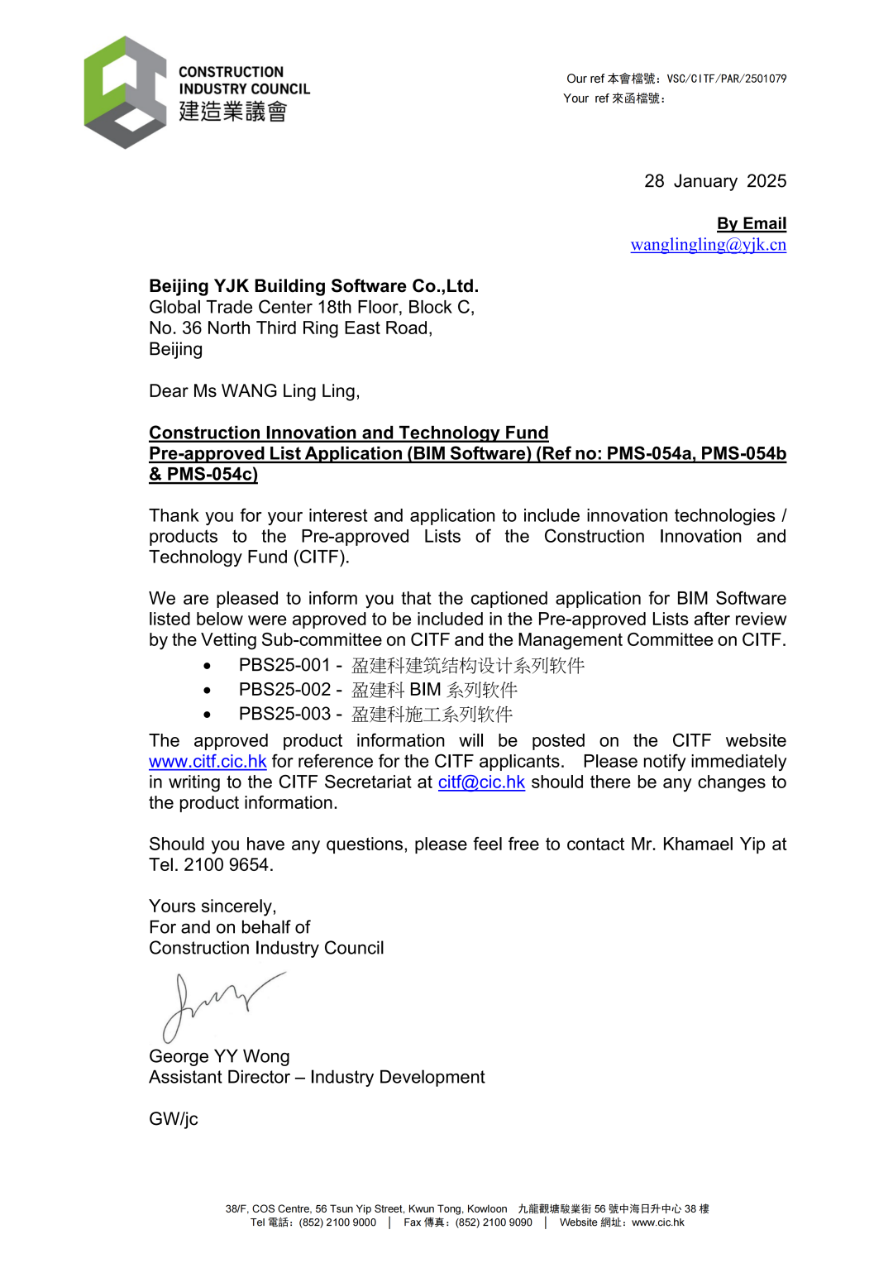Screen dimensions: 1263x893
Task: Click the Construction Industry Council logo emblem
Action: pyautogui.click(x=125, y=92)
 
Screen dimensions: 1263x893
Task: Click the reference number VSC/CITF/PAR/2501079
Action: pyautogui.click(x=726, y=79)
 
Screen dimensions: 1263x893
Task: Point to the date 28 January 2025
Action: pyautogui.click(x=714, y=181)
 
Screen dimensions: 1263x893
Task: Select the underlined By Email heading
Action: pyautogui.click(x=751, y=223)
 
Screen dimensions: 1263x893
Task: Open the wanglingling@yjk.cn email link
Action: pyautogui.click(x=708, y=245)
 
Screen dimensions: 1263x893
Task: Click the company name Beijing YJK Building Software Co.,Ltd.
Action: pyautogui.click(x=313, y=286)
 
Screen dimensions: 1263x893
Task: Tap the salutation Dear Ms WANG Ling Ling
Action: pyautogui.click(x=254, y=391)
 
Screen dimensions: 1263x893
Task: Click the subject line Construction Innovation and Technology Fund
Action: pyautogui.click(x=348, y=433)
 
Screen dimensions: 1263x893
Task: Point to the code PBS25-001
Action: pyautogui.click(x=284, y=665)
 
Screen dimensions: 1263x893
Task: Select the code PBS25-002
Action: pyautogui.click(x=284, y=690)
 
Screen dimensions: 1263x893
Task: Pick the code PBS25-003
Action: pyautogui.click(x=284, y=714)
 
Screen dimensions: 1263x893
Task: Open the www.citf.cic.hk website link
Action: pyautogui.click(x=208, y=762)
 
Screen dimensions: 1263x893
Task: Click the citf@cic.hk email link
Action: pyautogui.click(x=481, y=782)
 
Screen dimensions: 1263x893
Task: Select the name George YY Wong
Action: pyautogui.click(x=219, y=1057)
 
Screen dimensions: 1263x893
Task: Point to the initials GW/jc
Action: pyautogui.click(x=174, y=1119)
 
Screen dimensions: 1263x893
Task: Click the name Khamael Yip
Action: pyautogui.click(x=714, y=844)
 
